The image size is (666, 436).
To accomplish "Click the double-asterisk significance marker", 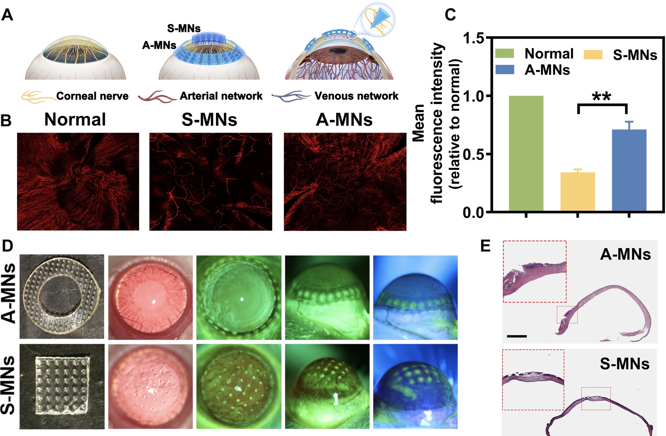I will (602, 97).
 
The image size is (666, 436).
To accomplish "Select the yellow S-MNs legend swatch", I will (593, 55).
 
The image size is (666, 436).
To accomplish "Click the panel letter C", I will (450, 14).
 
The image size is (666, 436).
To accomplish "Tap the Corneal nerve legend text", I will (92, 96).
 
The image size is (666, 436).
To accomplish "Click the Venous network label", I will (356, 96).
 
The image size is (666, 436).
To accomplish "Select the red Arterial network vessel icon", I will (157, 96).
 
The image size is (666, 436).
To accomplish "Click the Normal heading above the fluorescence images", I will (75, 119).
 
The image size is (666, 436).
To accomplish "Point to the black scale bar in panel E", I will (517, 336).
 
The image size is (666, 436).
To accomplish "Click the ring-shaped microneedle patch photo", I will (62, 297).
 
